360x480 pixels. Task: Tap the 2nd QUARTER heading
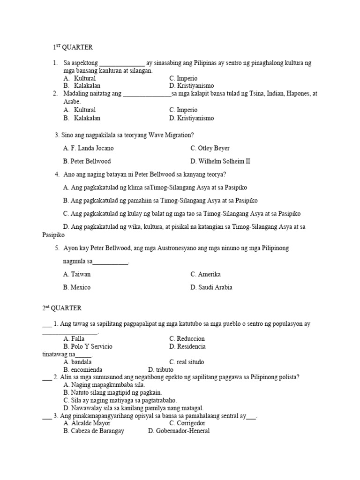click(61, 308)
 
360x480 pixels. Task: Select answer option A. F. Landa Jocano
click(88, 148)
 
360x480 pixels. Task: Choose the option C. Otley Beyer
click(210, 148)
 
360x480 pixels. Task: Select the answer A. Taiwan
click(77, 274)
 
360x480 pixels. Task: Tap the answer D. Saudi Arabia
click(211, 287)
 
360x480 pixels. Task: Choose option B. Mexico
click(77, 287)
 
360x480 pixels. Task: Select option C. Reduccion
click(187, 338)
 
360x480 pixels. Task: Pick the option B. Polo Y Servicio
click(88, 346)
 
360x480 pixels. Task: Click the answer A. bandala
click(77, 362)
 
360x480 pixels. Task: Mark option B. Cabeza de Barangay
click(94, 431)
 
